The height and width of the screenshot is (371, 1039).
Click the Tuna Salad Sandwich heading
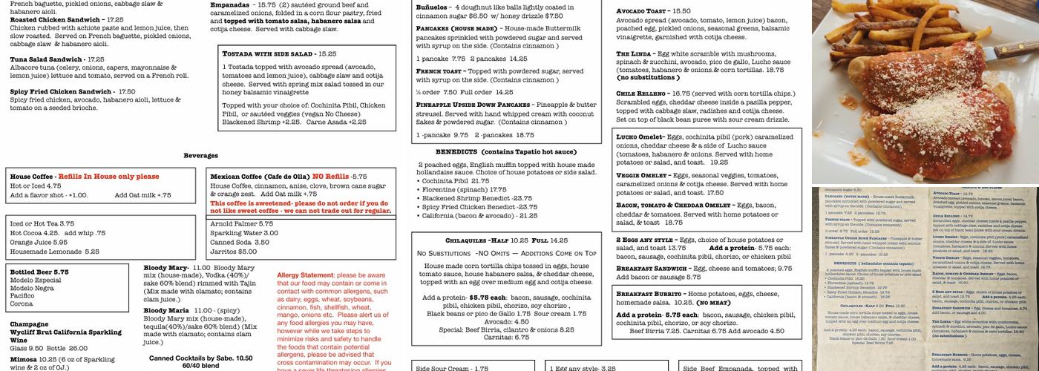tap(46, 59)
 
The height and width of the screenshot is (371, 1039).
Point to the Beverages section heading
tap(201, 155)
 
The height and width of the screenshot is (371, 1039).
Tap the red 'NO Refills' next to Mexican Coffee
tap(330, 177)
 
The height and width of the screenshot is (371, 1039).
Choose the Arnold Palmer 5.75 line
tap(241, 223)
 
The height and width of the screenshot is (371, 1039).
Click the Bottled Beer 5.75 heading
tap(39, 272)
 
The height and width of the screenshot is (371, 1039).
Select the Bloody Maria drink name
tap(165, 310)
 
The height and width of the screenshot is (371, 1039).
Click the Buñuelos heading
tap(433, 7)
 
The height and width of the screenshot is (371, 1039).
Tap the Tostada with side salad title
tap(269, 53)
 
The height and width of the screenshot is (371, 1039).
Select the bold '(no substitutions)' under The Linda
tap(648, 77)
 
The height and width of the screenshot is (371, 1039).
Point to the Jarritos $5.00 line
tap(233, 252)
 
